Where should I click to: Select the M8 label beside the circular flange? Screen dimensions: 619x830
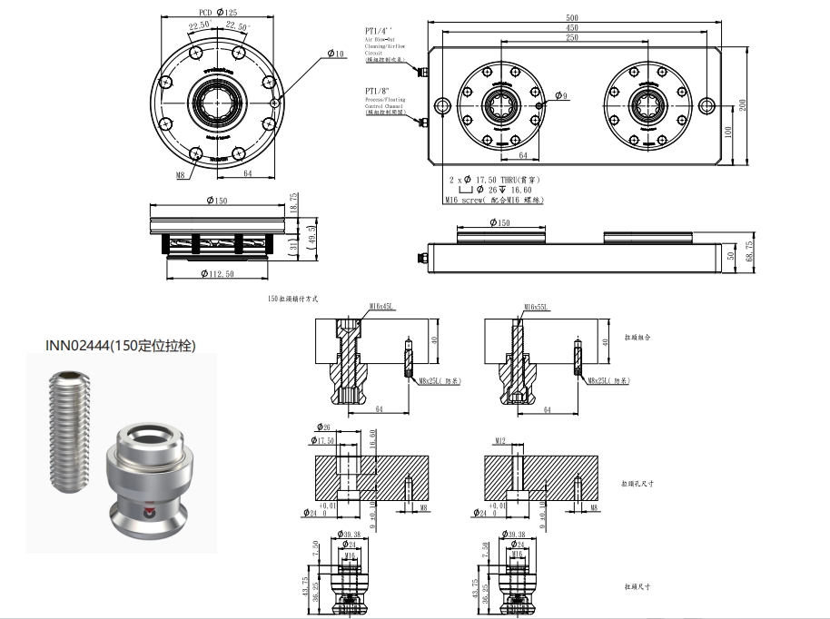coord(181,174)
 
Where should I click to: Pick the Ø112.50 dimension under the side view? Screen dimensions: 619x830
coord(215,273)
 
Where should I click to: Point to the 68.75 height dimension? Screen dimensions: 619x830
coord(748,251)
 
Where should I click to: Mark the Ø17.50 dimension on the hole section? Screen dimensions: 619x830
coord(324,441)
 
